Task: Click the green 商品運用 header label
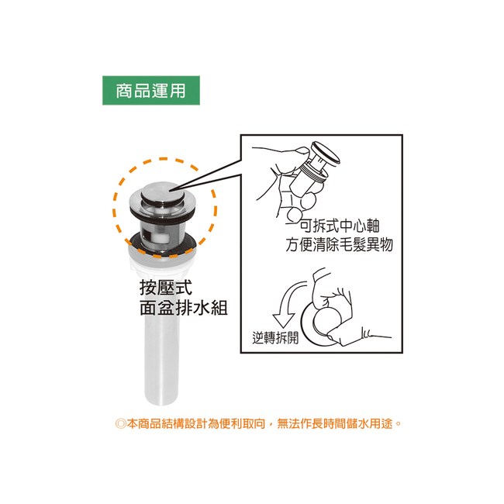coord(151,90)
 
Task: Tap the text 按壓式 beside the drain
coord(166,288)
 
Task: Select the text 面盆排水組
coord(184,308)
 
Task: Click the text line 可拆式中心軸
coord(340,226)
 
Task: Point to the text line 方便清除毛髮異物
coord(340,244)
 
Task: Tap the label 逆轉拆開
coord(275,338)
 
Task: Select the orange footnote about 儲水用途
coord(258,423)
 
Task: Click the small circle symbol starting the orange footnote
coord(120,423)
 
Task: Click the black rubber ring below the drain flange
coord(162,214)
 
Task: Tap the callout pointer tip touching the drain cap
coord(168,191)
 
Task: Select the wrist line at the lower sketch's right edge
coord(377,335)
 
